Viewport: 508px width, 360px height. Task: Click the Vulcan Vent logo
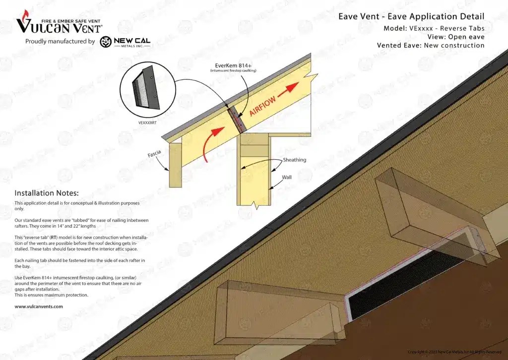coord(59,23)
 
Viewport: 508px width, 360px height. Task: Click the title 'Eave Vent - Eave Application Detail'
coord(411,16)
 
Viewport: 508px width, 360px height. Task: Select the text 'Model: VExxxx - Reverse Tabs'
coord(434,28)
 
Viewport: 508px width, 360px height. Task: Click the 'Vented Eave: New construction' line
coord(430,45)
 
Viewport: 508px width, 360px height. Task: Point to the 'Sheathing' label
coord(295,160)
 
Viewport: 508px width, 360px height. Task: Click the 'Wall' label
coord(287,177)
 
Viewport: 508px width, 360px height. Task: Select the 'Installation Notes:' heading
coord(47,193)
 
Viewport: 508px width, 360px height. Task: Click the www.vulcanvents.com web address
coord(39,306)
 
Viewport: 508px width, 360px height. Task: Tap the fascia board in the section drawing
coord(175,165)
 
